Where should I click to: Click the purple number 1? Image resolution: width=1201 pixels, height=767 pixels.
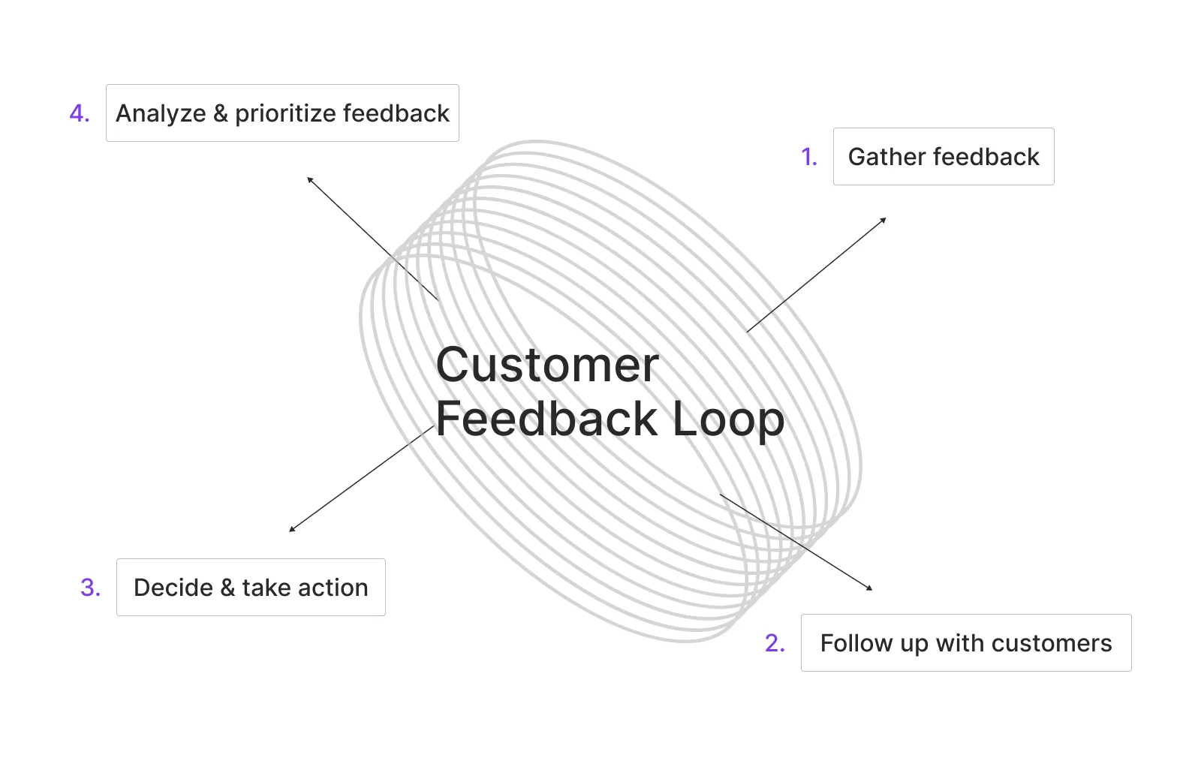tap(808, 157)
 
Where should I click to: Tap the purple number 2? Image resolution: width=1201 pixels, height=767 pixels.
tap(775, 643)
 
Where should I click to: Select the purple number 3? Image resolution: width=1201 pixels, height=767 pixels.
tap(90, 588)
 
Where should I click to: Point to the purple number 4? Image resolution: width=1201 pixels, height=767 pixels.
tap(79, 113)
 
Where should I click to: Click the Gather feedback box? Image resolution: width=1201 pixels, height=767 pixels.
tap(943, 157)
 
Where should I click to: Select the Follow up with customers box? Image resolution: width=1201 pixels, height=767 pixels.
tap(965, 643)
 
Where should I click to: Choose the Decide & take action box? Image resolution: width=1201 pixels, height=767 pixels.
tap(251, 588)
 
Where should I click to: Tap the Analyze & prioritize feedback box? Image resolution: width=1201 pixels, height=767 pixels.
tap(282, 113)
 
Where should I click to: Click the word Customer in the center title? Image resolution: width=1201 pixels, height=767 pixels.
tap(547, 365)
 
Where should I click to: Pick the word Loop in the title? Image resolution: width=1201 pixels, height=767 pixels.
tap(727, 420)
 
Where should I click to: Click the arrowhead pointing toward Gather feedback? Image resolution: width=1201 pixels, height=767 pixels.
tap(883, 220)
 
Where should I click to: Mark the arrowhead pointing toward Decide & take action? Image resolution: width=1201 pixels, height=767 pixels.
tap(292, 529)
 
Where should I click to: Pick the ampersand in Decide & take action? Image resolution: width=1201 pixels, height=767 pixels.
tap(227, 588)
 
